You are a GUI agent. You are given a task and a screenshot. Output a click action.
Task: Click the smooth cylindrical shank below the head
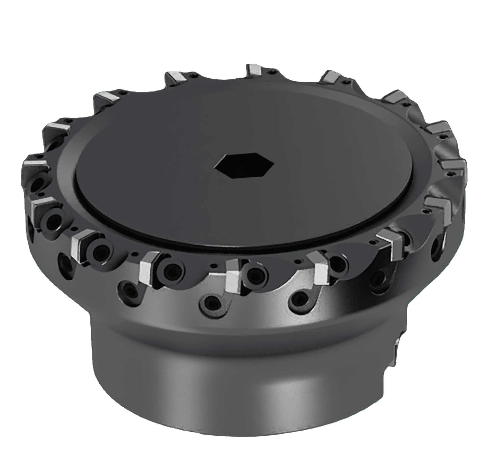238,391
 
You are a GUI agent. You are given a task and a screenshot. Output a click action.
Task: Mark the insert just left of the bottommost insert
148,266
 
